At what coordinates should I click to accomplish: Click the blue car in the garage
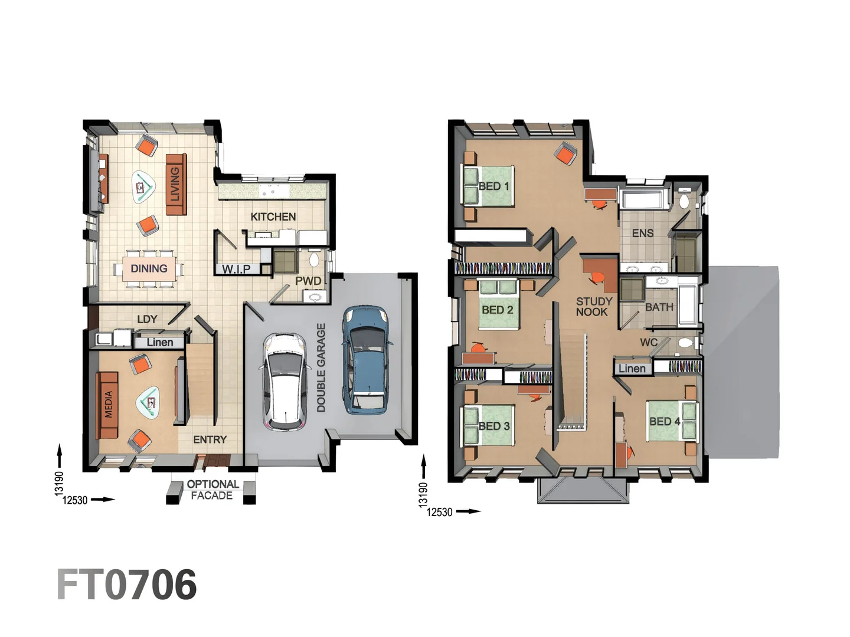pyautogui.click(x=365, y=359)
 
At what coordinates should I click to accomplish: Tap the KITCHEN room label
pyautogui.click(x=273, y=217)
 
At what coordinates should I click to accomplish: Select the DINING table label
pyautogui.click(x=149, y=268)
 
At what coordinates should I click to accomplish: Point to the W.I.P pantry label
pyautogui.click(x=236, y=270)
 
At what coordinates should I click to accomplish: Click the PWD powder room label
pyautogui.click(x=308, y=281)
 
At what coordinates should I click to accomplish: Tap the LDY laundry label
pyautogui.click(x=147, y=319)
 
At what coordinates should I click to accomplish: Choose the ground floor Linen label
pyautogui.click(x=159, y=342)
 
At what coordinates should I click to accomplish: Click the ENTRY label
pyautogui.click(x=210, y=439)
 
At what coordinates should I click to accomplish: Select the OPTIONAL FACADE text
pyautogui.click(x=212, y=490)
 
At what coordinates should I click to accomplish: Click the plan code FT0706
pyautogui.click(x=126, y=585)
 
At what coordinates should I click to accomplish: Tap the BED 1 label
pyautogui.click(x=493, y=186)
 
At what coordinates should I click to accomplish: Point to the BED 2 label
pyautogui.click(x=497, y=310)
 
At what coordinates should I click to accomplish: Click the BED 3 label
pyautogui.click(x=493, y=426)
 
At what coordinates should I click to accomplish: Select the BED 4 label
pyautogui.click(x=665, y=421)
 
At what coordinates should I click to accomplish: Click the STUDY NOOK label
pyautogui.click(x=593, y=306)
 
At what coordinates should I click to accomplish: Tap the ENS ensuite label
pyautogui.click(x=642, y=234)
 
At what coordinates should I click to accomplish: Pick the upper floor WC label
pyautogui.click(x=648, y=342)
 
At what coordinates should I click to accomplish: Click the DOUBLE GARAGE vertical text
pyautogui.click(x=321, y=367)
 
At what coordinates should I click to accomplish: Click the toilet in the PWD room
pyautogui.click(x=314, y=259)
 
